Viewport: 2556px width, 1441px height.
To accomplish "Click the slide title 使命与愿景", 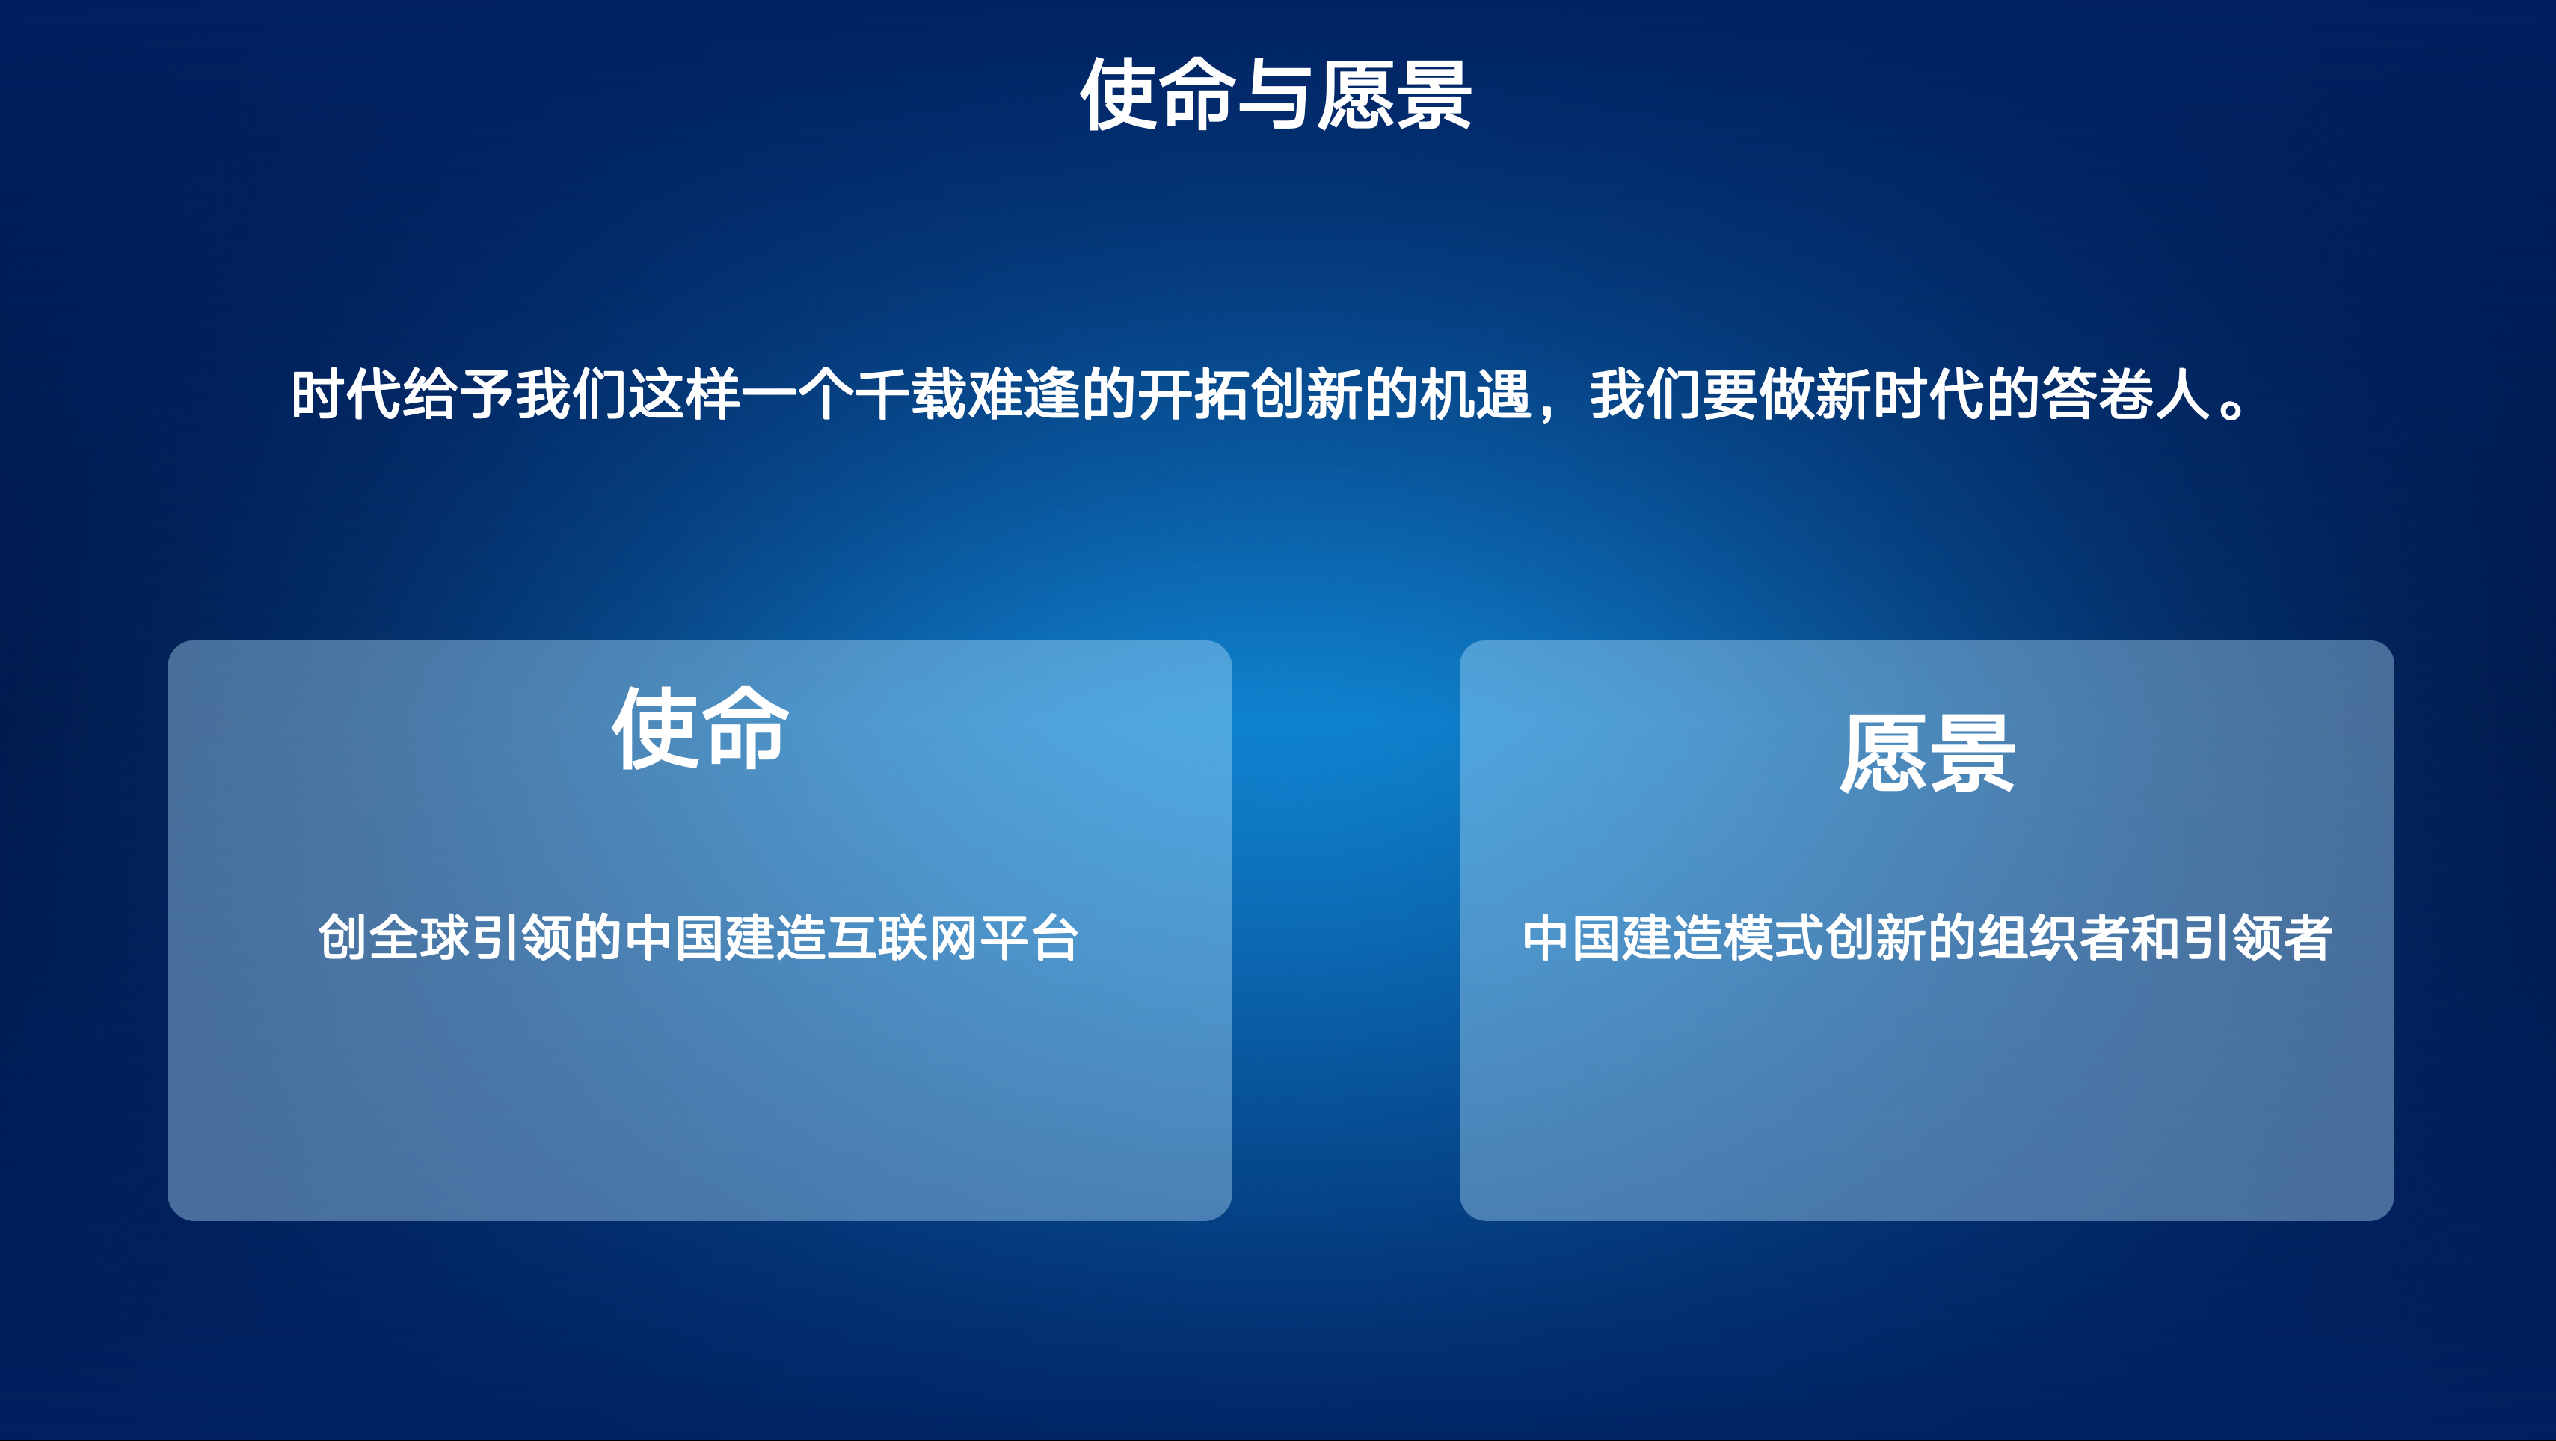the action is [1276, 94].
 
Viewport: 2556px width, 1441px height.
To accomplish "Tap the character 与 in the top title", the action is [1276, 94].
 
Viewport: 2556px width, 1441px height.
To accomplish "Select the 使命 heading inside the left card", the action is [701, 729].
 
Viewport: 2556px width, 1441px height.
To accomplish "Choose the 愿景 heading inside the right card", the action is [1927, 754].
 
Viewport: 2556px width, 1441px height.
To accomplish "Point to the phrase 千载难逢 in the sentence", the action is [968, 394].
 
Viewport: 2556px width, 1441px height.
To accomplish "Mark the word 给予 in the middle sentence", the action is [459, 394].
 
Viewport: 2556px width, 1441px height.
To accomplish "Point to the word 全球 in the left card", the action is [420, 937].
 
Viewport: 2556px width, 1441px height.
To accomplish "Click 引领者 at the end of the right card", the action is [2255, 937].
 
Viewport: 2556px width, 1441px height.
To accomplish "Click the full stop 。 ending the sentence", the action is [2231, 407].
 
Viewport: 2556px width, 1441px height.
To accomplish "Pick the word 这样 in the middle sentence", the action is [686, 394].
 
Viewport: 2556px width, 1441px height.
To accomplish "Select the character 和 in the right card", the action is [2154, 937].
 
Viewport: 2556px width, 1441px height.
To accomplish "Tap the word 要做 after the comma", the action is [1760, 394].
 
